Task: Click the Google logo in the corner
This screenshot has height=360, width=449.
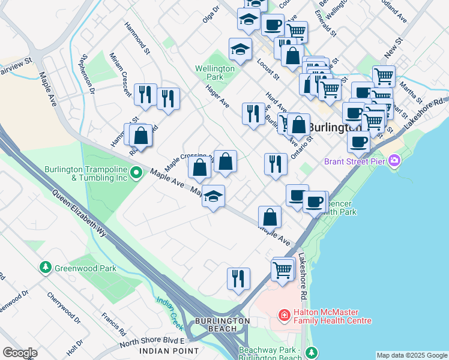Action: pyautogui.click(x=20, y=353)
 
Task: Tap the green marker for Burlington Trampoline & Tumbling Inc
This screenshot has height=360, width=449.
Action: pyautogui.click(x=136, y=174)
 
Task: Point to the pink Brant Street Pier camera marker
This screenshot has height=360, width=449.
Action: pyautogui.click(x=394, y=160)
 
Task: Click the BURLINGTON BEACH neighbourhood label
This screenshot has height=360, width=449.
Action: pyautogui.click(x=221, y=325)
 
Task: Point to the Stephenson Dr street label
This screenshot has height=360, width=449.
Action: pyautogui.click(x=89, y=75)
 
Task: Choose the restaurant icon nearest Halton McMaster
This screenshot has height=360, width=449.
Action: pyautogui.click(x=238, y=278)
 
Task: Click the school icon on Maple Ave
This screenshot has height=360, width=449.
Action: pyautogui.click(x=213, y=197)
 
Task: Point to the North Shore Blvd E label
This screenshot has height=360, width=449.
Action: pyautogui.click(x=146, y=341)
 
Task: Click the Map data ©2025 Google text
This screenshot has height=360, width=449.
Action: pyautogui.click(x=412, y=355)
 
